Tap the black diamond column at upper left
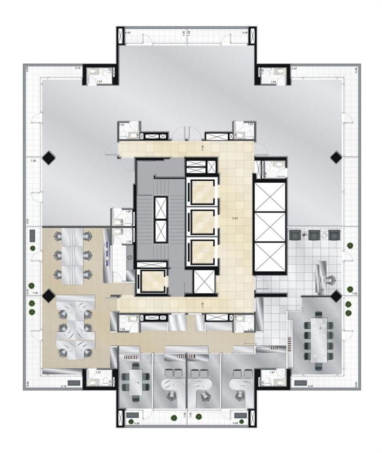[48, 158]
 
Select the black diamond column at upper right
[335, 158]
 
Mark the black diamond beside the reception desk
[335, 296]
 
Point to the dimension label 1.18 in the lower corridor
[202, 305]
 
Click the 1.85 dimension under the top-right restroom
[274, 81]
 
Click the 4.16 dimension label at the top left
[78, 69]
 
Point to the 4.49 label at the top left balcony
[128, 32]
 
